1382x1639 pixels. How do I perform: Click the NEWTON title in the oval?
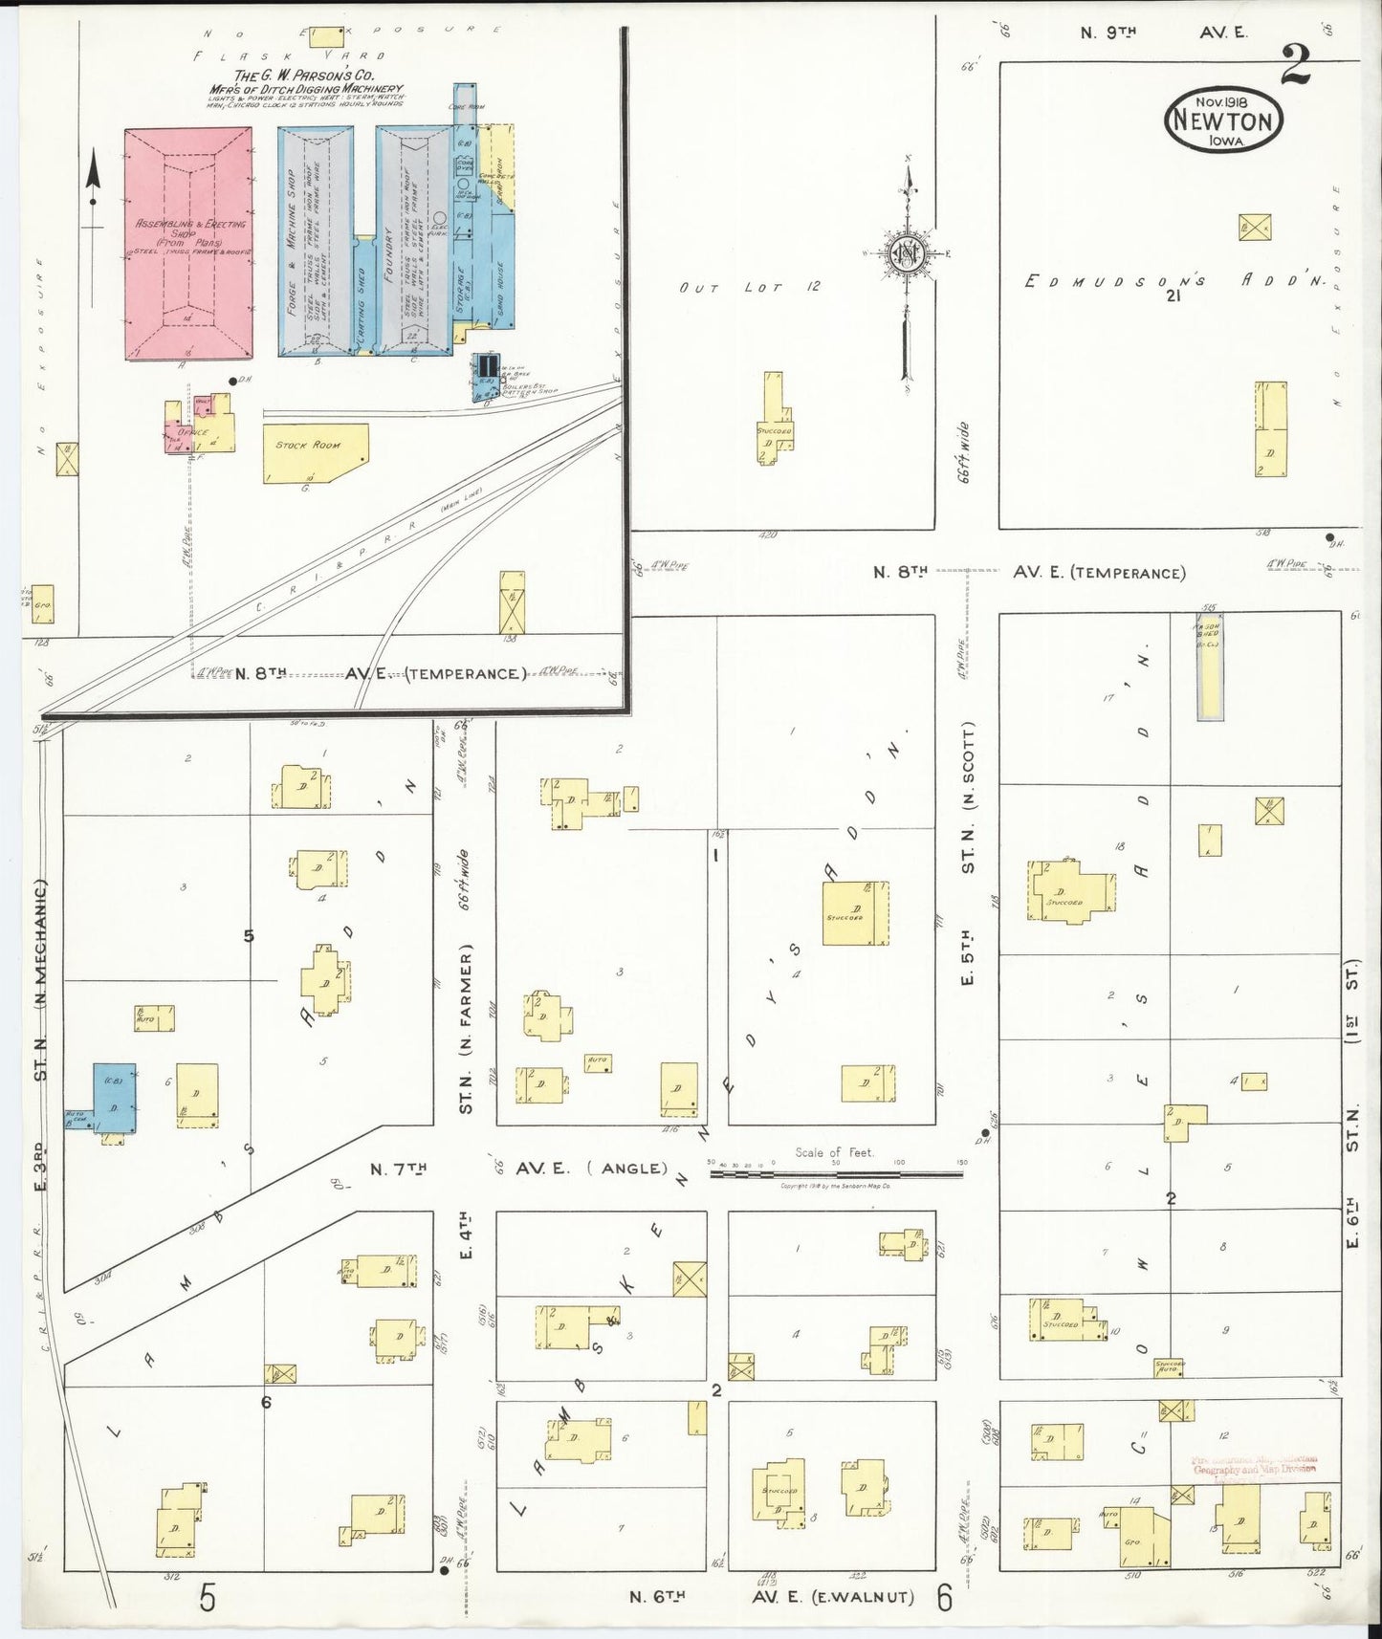(x=1223, y=122)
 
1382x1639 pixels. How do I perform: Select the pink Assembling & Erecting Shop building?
(x=189, y=244)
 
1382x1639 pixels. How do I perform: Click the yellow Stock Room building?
(x=314, y=453)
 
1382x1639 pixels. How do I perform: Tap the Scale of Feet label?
(x=834, y=1152)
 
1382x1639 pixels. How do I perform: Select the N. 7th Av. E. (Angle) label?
(x=519, y=1169)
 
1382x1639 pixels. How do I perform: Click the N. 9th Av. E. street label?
(x=1163, y=33)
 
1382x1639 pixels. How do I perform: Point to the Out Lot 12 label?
(x=749, y=287)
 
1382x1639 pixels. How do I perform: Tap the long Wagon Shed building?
(x=1210, y=666)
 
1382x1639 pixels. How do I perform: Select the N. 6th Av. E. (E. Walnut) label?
(x=772, y=1596)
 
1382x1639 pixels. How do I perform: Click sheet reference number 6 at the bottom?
(x=945, y=1597)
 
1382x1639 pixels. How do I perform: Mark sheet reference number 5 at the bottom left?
(x=208, y=1597)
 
